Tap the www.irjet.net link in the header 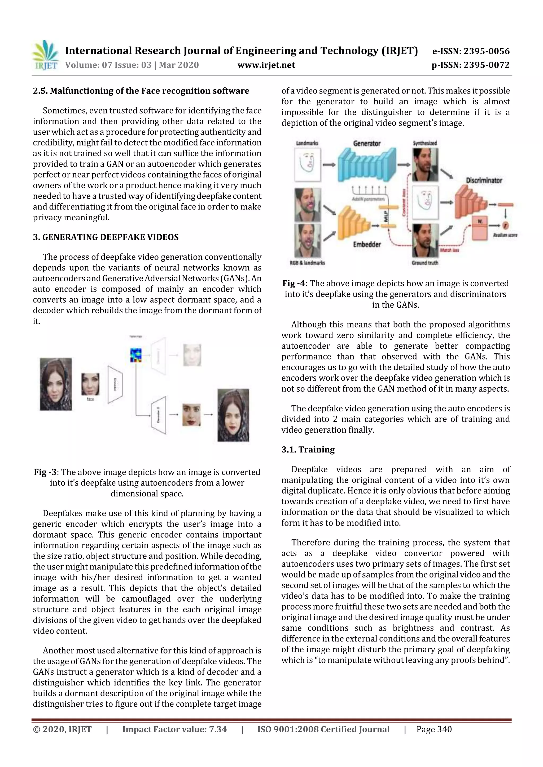click(266, 65)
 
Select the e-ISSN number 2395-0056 click(471, 51)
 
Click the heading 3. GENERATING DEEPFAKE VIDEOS click(106, 237)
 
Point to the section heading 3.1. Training click(308, 450)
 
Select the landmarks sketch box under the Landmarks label click(308, 164)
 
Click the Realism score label click(505, 235)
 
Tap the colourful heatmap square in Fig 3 click(136, 355)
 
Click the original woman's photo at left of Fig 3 click(56, 384)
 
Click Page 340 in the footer click(434, 729)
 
